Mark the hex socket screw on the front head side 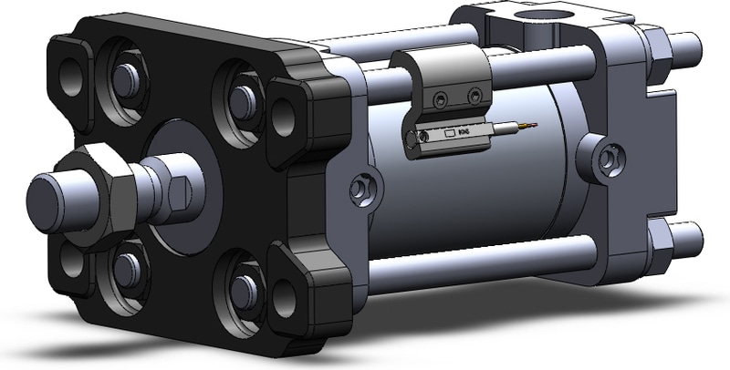point(362,187)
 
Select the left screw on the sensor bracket point(440,97)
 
